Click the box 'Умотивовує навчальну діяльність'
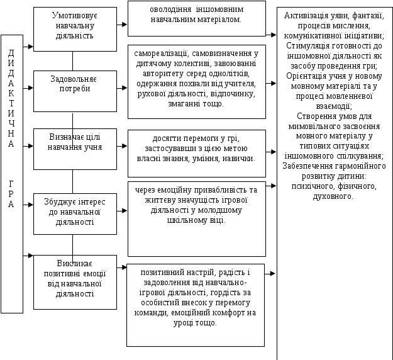click(75, 28)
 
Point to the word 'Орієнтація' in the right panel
click(306, 76)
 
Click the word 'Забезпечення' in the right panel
click(311, 166)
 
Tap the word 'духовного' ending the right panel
click(334, 196)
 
